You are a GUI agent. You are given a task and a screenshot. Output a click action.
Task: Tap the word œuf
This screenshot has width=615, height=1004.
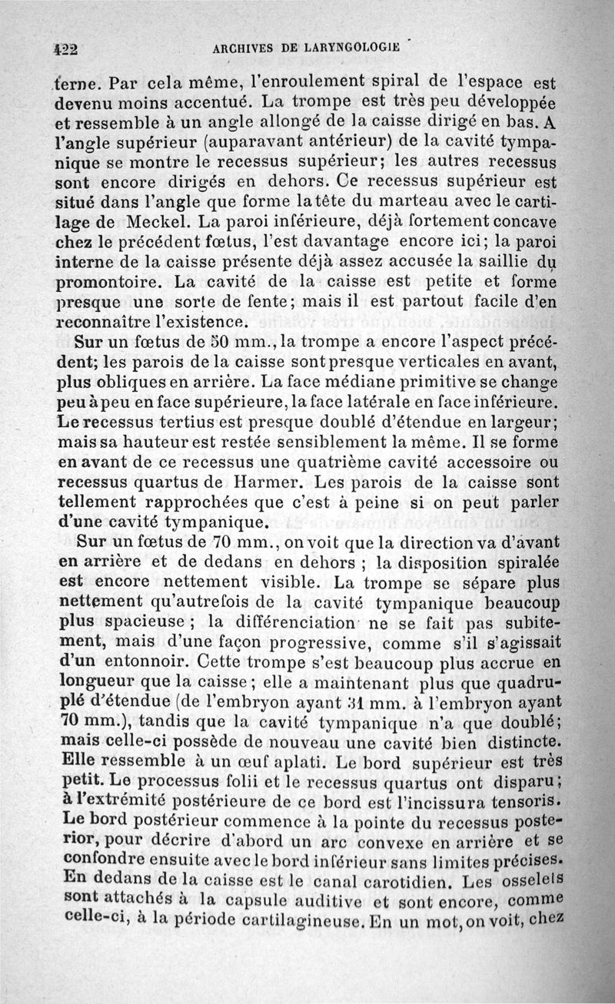click(x=236, y=762)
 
